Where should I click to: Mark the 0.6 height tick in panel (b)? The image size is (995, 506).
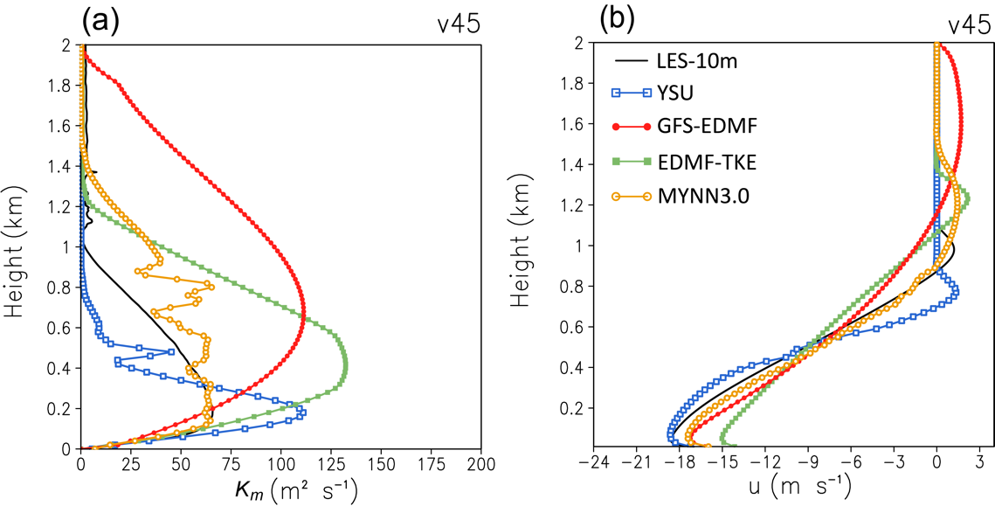point(570,327)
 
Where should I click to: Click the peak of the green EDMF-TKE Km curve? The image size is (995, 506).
point(346,367)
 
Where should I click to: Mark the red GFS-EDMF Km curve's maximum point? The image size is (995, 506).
point(304,316)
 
